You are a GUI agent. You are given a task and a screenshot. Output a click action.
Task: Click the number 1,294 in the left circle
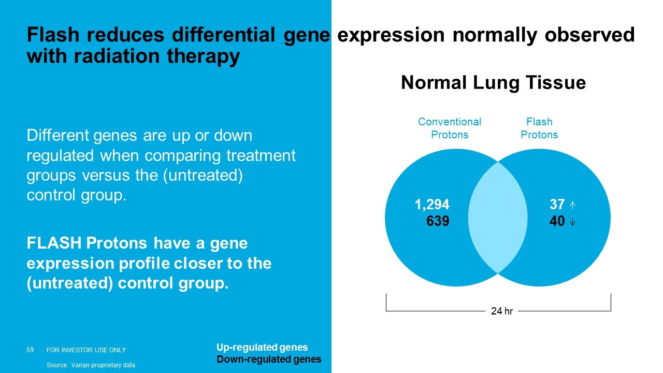432,205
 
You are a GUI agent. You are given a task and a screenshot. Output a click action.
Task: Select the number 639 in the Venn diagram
438,221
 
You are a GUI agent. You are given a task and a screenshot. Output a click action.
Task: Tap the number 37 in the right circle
557,204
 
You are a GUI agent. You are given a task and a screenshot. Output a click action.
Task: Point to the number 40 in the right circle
557,221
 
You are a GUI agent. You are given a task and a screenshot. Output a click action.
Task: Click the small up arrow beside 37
573,205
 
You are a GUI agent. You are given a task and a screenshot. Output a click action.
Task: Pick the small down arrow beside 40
573,222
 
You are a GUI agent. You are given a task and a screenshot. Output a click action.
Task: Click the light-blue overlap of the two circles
498,218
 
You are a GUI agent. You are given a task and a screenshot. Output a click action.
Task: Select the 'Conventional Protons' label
450,128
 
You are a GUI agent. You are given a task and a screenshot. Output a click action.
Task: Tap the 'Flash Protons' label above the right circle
539,128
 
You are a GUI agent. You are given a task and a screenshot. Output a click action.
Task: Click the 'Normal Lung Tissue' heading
494,82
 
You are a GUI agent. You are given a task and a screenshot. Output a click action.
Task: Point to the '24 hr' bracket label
502,311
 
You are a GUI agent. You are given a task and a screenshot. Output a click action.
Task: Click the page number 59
30,350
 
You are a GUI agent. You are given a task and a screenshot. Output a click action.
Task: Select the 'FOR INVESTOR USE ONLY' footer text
86,350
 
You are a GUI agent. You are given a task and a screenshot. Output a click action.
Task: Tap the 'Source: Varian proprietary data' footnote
91,365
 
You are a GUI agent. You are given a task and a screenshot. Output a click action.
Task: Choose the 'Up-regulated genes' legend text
262,347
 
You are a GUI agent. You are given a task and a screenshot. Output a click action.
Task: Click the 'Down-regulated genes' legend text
269,360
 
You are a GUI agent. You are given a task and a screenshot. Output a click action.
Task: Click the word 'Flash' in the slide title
53,35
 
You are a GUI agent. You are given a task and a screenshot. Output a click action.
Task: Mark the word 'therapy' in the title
204,56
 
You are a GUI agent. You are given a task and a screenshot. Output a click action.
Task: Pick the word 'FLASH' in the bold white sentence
54,243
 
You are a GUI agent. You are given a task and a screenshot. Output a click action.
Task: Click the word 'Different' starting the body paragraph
57,136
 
